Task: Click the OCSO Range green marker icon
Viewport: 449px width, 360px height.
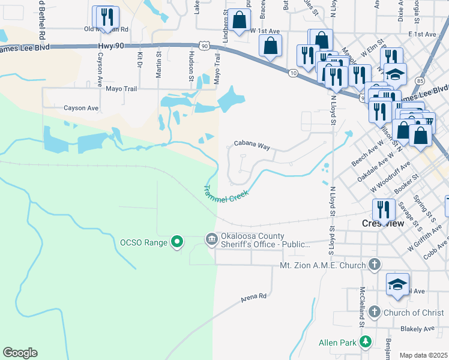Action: (x=176, y=242)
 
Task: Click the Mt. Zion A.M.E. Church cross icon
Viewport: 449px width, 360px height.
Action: (x=375, y=265)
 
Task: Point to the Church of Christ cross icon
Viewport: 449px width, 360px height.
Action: (x=375, y=311)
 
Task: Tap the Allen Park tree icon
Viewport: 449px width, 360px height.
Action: (x=365, y=341)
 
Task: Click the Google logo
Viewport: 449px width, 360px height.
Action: (x=20, y=353)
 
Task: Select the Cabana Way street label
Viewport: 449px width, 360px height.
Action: (x=252, y=145)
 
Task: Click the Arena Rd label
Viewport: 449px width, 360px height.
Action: (x=253, y=297)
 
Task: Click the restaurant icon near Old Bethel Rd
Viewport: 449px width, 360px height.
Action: (x=106, y=16)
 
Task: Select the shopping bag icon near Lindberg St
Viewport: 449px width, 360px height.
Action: (x=240, y=20)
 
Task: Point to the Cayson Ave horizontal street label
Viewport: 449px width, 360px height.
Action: (x=81, y=108)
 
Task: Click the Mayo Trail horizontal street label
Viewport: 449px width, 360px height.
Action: (x=121, y=88)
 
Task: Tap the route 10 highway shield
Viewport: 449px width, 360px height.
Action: (x=292, y=73)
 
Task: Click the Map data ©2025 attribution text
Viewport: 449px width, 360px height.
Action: (x=423, y=355)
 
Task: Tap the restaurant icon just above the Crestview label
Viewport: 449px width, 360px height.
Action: (x=383, y=209)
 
